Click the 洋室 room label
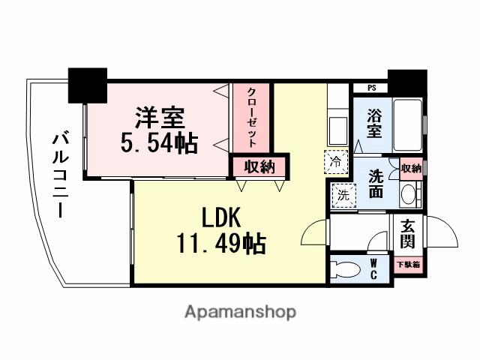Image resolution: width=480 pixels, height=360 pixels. [160, 118]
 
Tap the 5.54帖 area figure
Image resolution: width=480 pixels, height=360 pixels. [160, 143]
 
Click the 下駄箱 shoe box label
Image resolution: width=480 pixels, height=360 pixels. [408, 264]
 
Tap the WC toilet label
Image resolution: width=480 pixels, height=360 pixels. [373, 268]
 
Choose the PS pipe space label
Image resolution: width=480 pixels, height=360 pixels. [373, 88]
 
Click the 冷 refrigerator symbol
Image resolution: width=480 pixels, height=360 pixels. [335, 160]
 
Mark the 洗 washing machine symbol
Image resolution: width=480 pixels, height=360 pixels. [341, 195]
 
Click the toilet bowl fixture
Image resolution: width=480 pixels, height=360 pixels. [346, 268]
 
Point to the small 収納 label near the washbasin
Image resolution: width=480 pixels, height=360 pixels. [410, 169]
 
